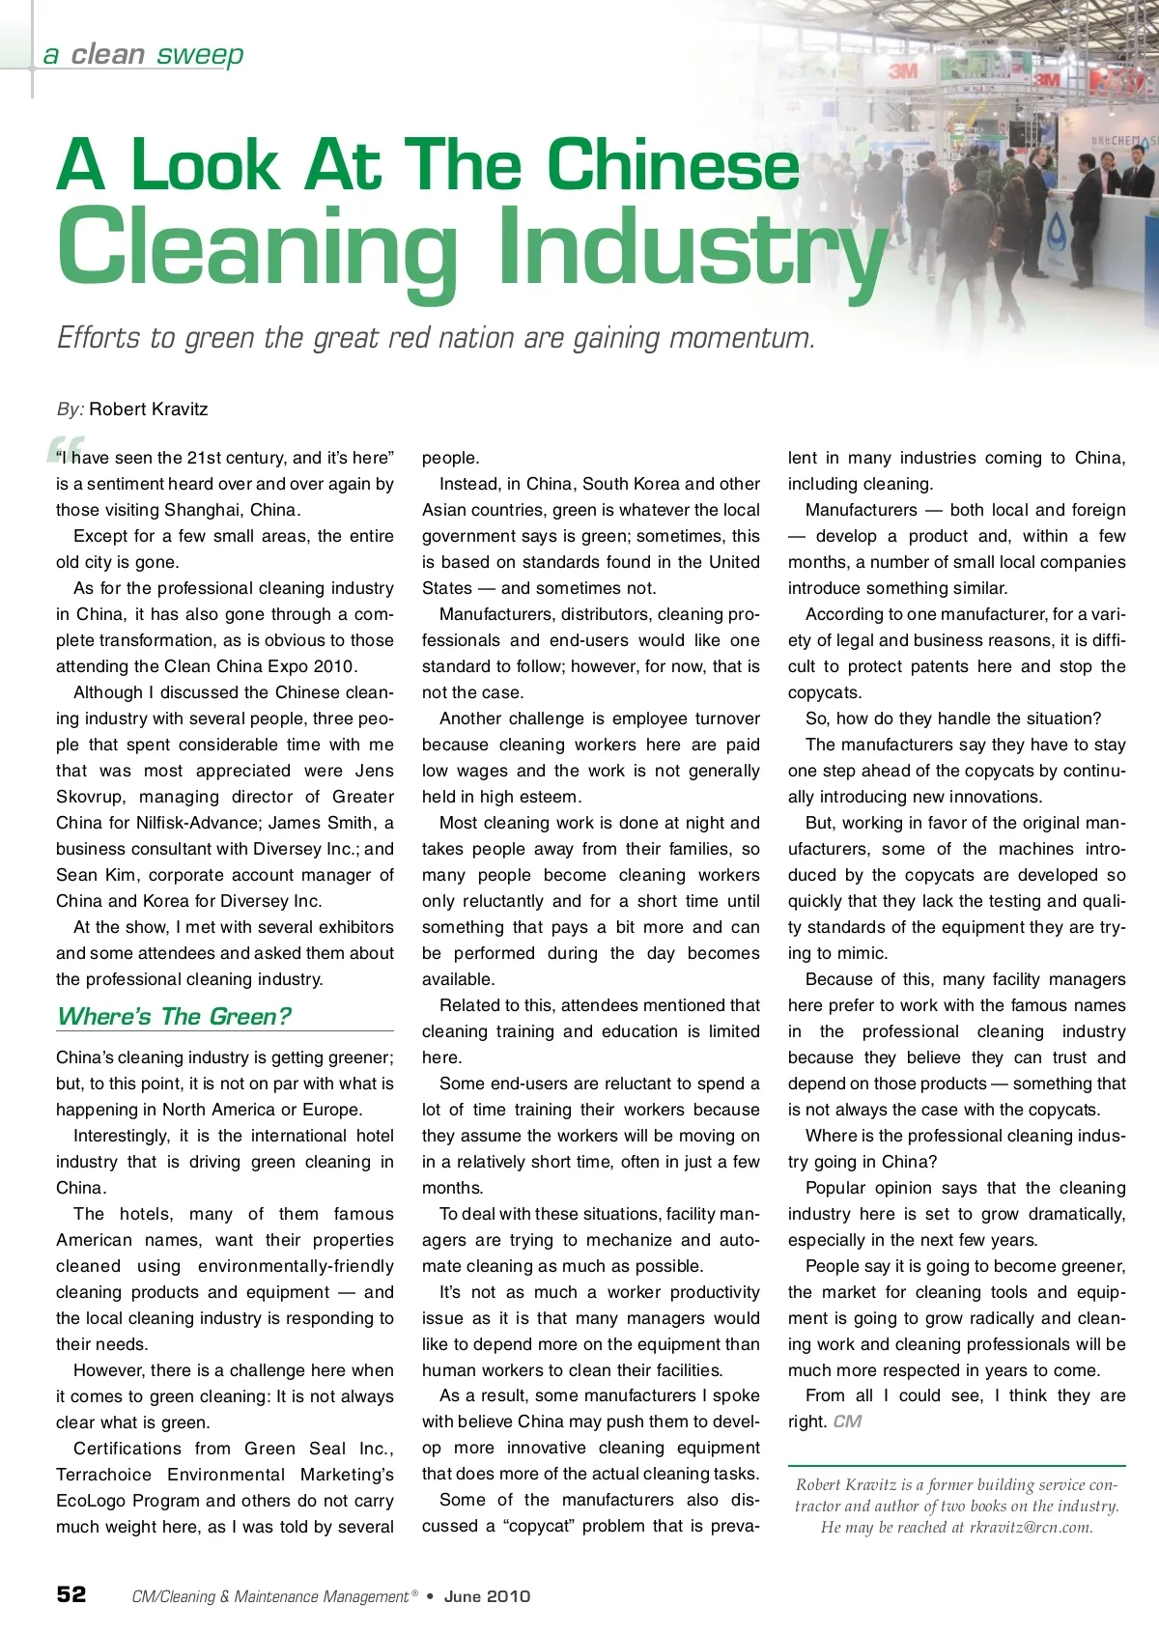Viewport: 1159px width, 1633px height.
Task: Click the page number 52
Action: tap(71, 1593)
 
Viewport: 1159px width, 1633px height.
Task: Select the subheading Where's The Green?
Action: tap(174, 1016)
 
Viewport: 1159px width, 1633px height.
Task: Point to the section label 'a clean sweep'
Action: tap(143, 54)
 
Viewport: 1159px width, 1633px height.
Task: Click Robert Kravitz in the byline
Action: tap(148, 408)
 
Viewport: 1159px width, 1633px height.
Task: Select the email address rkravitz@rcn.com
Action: tap(1031, 1527)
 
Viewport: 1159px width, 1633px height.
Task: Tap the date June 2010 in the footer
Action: tap(487, 1596)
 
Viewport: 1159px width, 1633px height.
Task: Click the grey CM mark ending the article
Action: tap(847, 1422)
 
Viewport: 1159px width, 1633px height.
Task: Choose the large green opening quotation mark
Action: tap(60, 451)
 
